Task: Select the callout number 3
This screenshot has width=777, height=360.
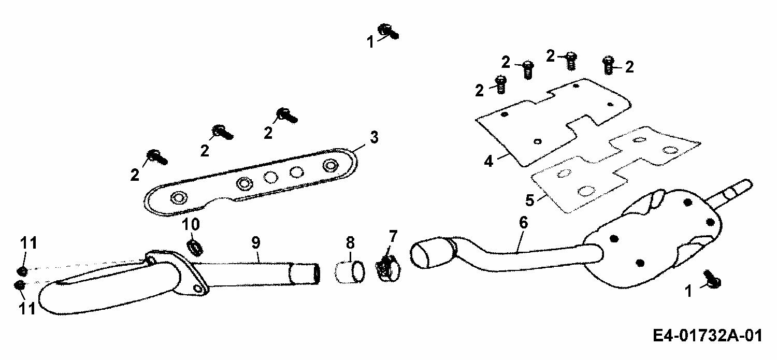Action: tap(374, 138)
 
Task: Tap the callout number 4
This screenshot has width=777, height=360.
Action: tap(488, 161)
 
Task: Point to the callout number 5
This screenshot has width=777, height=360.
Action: tap(529, 199)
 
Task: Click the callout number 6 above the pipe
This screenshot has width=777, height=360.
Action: tap(523, 223)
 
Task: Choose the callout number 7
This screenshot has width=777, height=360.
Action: tap(393, 237)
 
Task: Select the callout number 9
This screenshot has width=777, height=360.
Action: tap(256, 242)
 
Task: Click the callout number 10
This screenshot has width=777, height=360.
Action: tap(190, 225)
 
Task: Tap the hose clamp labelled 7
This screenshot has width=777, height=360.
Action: tap(387, 269)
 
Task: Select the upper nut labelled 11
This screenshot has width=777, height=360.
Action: tap(22, 270)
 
